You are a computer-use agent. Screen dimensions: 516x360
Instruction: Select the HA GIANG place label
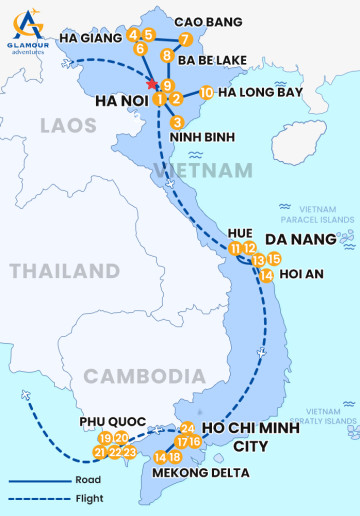click(90, 38)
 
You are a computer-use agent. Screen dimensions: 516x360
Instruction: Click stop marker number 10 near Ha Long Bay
click(205, 92)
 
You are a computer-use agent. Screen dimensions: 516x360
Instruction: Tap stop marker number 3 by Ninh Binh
click(176, 122)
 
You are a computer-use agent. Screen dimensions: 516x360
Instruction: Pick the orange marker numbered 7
click(185, 39)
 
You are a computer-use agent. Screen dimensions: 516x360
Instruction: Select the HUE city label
click(240, 232)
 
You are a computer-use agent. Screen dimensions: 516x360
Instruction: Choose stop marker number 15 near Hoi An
click(274, 259)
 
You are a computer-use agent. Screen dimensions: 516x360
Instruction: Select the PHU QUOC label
click(109, 422)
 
